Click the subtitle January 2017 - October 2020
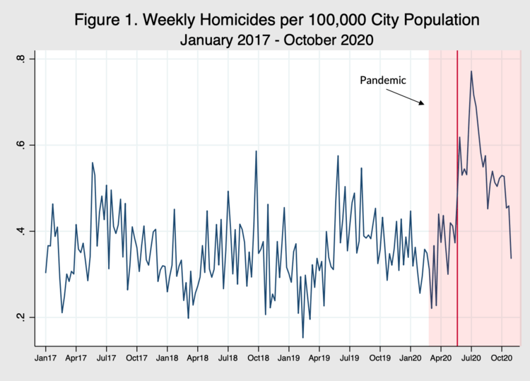click(x=275, y=40)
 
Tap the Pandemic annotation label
click(x=383, y=80)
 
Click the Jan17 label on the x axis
click(x=45, y=359)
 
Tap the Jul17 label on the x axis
click(x=106, y=359)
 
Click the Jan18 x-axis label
click(x=167, y=359)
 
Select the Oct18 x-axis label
click(x=258, y=359)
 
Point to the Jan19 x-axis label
click(x=289, y=359)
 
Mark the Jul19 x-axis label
click(x=349, y=359)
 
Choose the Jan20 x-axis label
click(x=411, y=359)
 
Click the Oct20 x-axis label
click(x=501, y=359)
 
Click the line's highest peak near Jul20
click(x=471, y=71)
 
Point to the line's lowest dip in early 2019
click(x=303, y=338)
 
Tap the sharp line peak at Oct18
click(x=256, y=151)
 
